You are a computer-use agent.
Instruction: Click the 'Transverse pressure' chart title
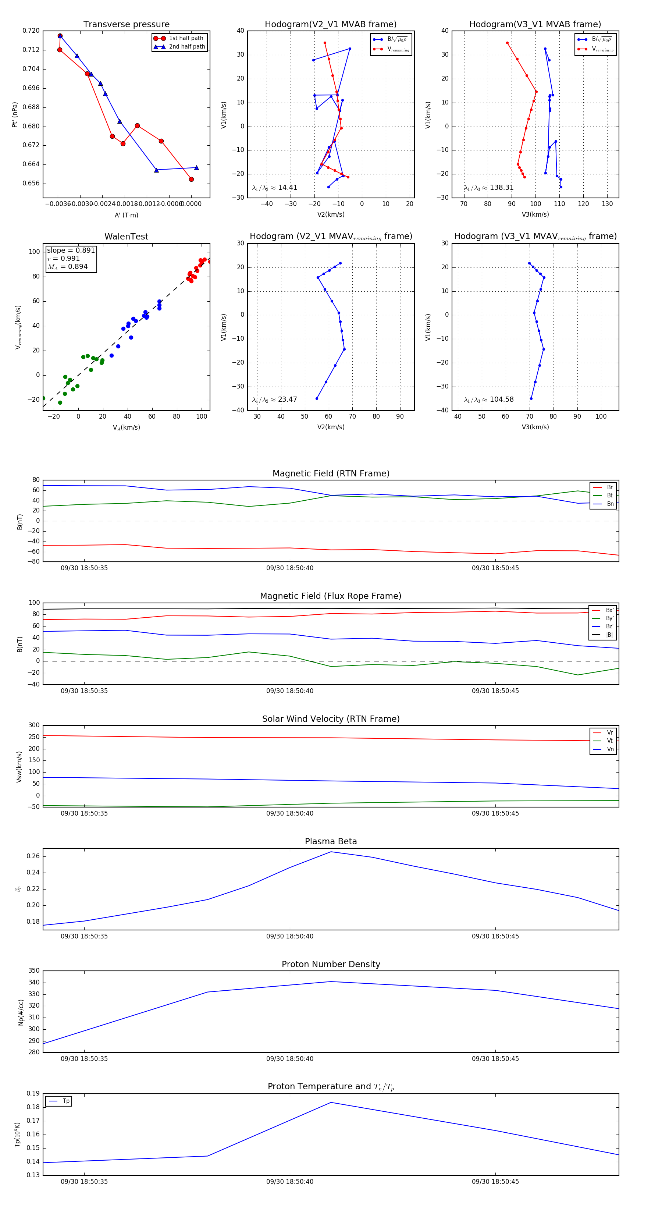tap(126, 25)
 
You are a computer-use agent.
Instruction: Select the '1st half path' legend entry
tap(186, 38)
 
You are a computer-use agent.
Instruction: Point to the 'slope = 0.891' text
tap(71, 250)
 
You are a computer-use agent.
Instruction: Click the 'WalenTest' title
tap(126, 237)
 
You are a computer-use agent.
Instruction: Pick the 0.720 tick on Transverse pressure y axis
tap(31, 31)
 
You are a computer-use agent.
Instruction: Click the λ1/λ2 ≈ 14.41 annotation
tap(275, 188)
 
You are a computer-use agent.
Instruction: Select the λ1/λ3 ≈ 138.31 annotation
tap(489, 188)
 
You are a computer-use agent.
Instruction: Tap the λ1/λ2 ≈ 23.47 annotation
tap(275, 400)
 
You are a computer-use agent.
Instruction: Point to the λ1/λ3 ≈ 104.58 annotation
tap(489, 400)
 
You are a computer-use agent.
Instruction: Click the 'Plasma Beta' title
tap(331, 842)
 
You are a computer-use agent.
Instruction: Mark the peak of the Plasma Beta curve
tap(331, 852)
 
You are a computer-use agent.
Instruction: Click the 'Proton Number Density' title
tap(331, 964)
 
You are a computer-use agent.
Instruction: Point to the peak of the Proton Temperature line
tap(331, 1102)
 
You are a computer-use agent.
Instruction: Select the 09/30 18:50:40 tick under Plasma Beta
tap(290, 936)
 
